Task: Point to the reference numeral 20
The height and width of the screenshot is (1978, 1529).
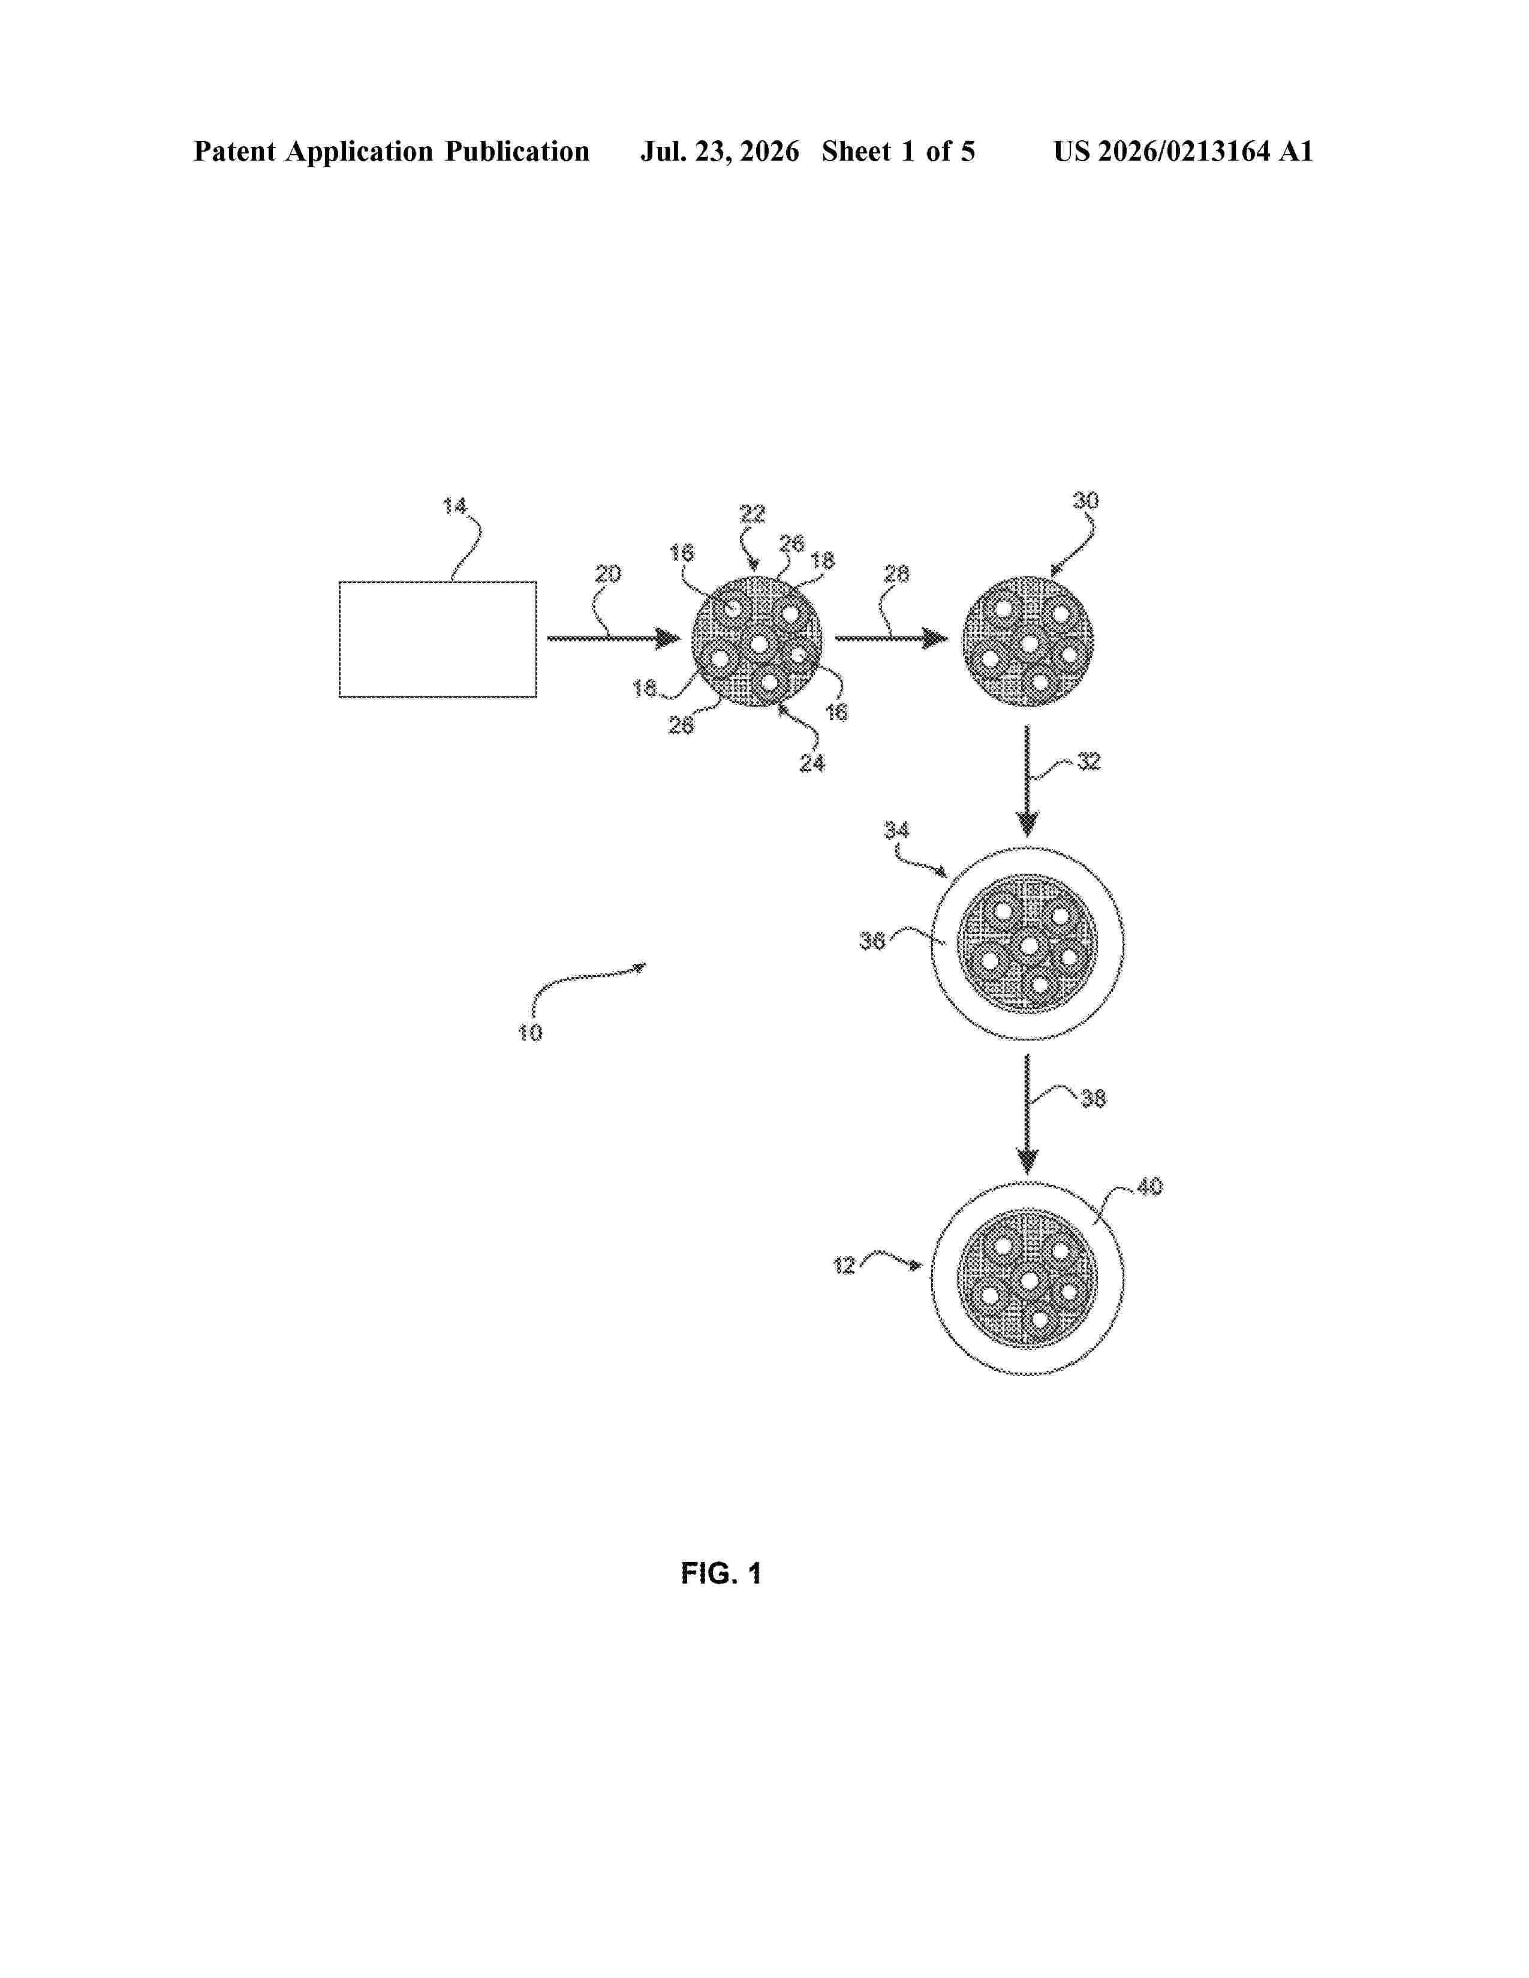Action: (608, 574)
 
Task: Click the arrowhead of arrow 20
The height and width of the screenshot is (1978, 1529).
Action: (669, 640)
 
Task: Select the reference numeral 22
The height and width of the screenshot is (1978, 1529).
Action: (753, 514)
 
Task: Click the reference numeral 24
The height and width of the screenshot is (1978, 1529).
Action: (812, 764)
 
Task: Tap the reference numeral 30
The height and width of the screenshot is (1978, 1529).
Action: (1085, 501)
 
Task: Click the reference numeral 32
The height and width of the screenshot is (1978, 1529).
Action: (1089, 762)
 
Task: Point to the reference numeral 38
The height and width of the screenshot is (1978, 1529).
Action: (1093, 1099)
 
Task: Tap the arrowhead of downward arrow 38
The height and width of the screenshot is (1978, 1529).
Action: (1027, 1161)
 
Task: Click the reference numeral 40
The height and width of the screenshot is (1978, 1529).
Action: (1149, 1186)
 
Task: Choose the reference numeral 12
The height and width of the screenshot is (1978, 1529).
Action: (844, 1265)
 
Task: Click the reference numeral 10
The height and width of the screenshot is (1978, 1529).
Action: (530, 1033)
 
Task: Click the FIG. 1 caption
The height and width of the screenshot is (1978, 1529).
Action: (721, 1573)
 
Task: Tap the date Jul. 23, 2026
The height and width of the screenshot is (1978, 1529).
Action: (720, 151)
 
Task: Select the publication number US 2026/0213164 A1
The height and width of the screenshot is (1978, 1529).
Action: (1183, 151)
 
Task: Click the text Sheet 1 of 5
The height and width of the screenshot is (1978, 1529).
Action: (899, 151)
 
